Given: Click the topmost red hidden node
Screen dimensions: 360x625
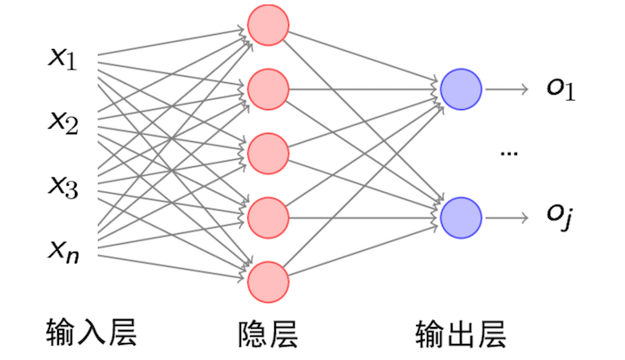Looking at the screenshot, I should [x=268, y=26].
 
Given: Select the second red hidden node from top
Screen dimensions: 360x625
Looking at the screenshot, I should [x=268, y=89].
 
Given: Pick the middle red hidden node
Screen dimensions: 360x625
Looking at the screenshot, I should [x=268, y=153].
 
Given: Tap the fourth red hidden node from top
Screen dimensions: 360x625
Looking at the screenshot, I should [x=268, y=216].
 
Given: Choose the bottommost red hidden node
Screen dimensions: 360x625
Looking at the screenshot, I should [x=268, y=280].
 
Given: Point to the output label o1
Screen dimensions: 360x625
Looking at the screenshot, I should [x=562, y=89].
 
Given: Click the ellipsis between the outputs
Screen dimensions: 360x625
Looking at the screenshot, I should [x=510, y=154].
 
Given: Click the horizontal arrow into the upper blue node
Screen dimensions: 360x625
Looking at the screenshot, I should [x=375, y=89].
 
